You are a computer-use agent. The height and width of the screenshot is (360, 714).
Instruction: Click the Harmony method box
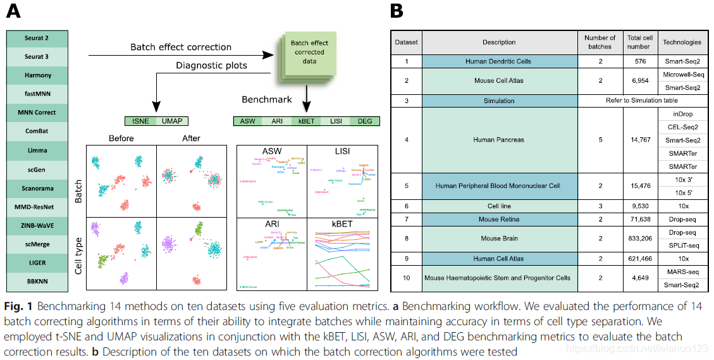click(x=37, y=75)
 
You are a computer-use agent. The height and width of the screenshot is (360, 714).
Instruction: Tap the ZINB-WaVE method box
click(x=37, y=225)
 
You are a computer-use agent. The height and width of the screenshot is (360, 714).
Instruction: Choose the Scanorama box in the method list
click(x=37, y=188)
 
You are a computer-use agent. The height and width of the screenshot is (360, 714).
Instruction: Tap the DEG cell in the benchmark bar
click(x=365, y=121)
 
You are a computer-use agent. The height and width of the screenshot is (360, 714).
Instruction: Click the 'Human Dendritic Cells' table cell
click(x=498, y=61)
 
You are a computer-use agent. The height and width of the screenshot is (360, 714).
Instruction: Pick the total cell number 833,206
click(x=639, y=239)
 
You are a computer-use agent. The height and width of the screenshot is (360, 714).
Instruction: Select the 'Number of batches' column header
click(x=600, y=42)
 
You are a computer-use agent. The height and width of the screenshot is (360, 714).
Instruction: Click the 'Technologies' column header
click(x=682, y=42)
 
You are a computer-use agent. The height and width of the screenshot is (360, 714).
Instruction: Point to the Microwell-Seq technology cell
click(x=682, y=75)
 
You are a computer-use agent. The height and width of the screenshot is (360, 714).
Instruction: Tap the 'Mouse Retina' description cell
click(x=498, y=220)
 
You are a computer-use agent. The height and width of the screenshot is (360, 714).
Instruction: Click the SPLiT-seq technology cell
click(x=682, y=245)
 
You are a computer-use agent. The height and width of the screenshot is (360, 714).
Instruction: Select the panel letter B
click(x=396, y=11)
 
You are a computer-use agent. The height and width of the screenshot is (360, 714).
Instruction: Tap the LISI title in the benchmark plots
click(x=342, y=152)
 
